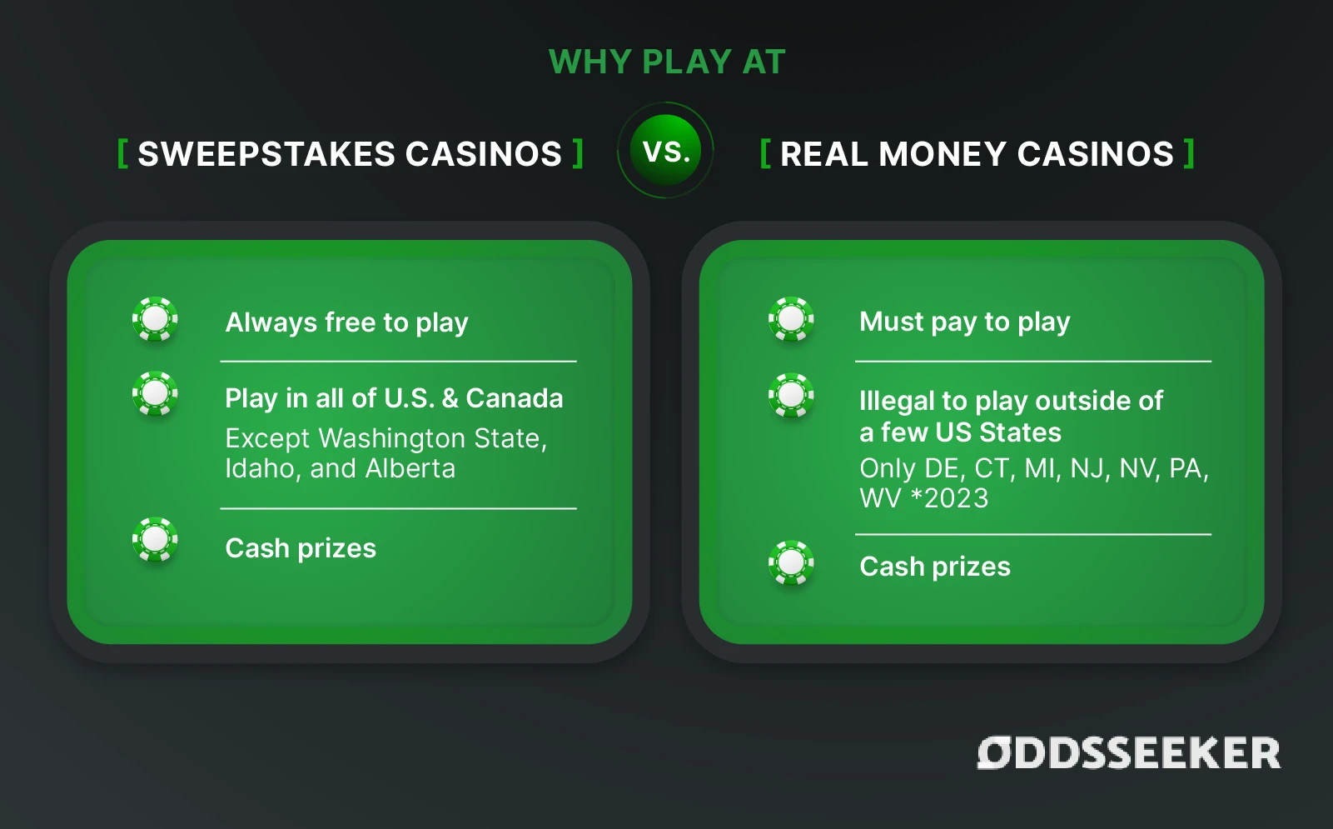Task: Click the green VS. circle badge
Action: [665, 150]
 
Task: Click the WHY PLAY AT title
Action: [667, 62]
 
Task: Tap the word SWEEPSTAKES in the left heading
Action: [266, 154]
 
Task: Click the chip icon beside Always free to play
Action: [156, 319]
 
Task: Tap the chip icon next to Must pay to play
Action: [792, 319]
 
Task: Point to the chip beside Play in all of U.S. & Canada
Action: [156, 393]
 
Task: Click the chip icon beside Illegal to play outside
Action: [792, 396]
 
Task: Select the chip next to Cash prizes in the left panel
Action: [156, 540]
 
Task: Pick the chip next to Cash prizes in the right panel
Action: [792, 562]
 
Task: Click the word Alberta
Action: [410, 469]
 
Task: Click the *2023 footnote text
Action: [950, 498]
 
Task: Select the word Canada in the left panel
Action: [515, 398]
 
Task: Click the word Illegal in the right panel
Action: [897, 402]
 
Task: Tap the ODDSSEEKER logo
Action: [1128, 753]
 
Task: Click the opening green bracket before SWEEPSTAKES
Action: [123, 153]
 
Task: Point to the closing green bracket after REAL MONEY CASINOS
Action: [1189, 153]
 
